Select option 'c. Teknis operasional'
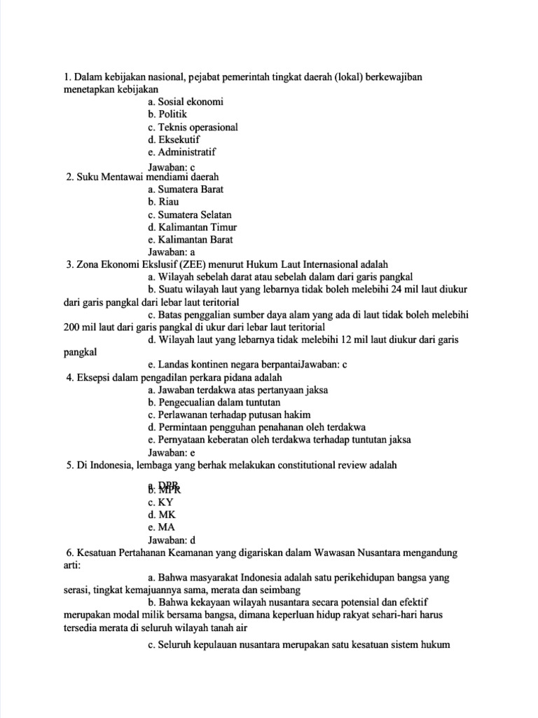coord(193,127)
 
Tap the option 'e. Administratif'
coord(182,151)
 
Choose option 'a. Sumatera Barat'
coord(186,189)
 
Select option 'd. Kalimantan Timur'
coord(192,227)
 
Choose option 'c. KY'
coord(160,503)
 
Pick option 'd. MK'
coord(162,515)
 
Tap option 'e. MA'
coord(161,527)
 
